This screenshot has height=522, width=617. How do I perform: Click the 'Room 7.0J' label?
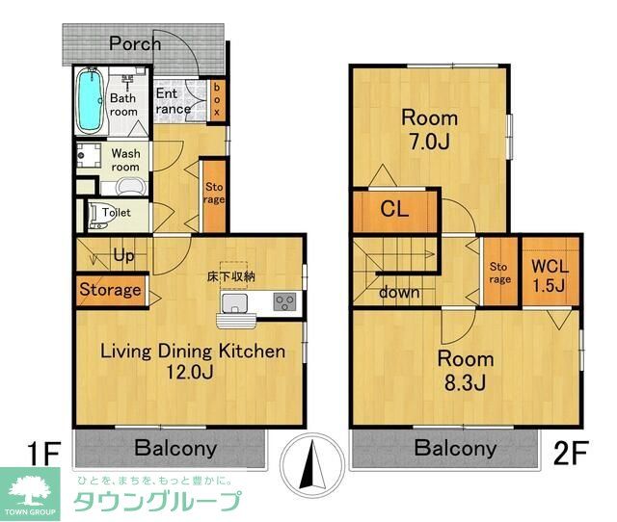[x=429, y=131]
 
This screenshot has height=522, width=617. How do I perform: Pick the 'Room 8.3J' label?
[x=467, y=371]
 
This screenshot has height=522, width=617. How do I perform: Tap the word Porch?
[x=135, y=43]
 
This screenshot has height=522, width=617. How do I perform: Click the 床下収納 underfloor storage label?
[x=231, y=277]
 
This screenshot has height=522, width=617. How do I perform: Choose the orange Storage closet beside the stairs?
[x=110, y=290]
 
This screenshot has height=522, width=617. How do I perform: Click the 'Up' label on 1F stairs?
[x=123, y=255]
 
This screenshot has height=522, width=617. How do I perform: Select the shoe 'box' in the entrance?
[x=217, y=99]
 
